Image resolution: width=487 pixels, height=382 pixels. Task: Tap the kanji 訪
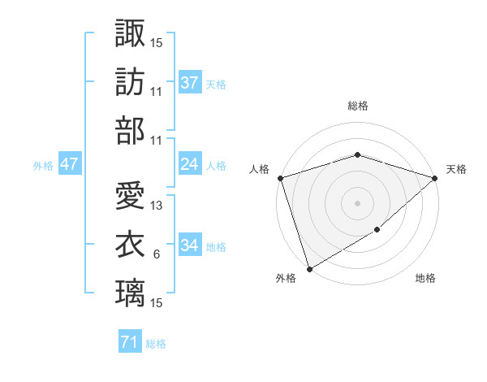pos(130,82)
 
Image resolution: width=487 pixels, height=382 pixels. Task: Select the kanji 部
pos(130,131)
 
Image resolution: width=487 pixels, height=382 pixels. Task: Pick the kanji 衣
pos(130,245)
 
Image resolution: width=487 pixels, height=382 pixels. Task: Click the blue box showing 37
pos(189,82)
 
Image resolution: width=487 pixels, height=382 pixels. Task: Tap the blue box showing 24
pos(189,165)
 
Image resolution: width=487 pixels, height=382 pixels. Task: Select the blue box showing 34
pos(189,245)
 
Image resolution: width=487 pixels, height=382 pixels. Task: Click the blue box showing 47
pos(69,165)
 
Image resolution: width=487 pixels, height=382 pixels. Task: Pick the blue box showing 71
pos(129,343)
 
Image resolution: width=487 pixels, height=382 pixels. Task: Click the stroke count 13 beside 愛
pos(157,206)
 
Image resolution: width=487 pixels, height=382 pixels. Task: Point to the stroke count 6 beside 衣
pos(156,254)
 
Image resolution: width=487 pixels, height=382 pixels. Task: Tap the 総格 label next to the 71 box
pos(156,344)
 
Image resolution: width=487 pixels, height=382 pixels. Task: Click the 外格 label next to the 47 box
pos(43,166)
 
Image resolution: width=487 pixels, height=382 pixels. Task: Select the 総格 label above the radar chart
pos(357,106)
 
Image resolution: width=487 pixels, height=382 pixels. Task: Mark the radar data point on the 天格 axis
pos(435,178)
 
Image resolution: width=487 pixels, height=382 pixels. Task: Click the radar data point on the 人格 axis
pos(280,178)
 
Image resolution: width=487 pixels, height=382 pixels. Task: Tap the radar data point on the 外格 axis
pos(309,268)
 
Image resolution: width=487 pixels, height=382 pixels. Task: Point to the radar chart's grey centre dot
pos(357,202)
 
